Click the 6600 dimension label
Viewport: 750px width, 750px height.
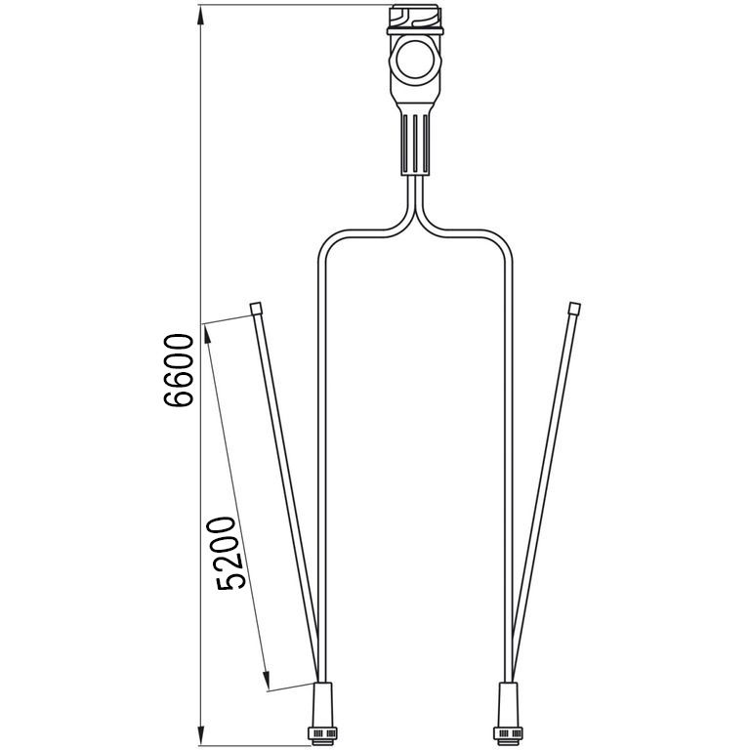pos(179,370)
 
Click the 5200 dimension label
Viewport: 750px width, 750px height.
pos(227,553)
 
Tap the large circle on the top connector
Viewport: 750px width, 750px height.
pos(415,60)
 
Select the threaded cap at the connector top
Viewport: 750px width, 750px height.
pos(415,17)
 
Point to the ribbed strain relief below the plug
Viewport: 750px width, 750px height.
pos(415,145)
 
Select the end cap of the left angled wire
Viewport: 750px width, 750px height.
pos(257,308)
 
